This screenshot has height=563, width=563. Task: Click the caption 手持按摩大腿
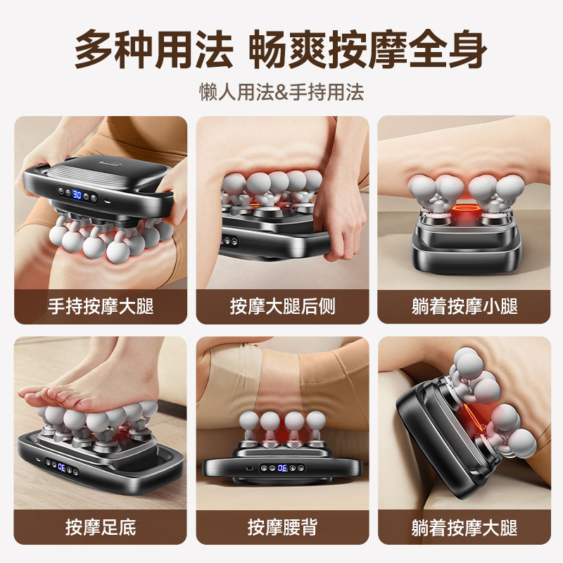pos(101,306)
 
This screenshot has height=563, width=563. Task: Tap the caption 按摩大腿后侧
pos(281,306)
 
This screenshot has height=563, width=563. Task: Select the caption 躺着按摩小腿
pos(464,306)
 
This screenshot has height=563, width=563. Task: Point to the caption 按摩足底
pos(101,526)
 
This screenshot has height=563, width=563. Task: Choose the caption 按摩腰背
pos(281,526)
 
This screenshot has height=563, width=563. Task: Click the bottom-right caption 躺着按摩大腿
pos(464,526)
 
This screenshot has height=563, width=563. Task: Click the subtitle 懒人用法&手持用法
pos(281,92)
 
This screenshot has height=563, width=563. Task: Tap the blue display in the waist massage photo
pos(281,467)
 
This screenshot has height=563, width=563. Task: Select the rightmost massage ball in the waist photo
pos(315,422)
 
